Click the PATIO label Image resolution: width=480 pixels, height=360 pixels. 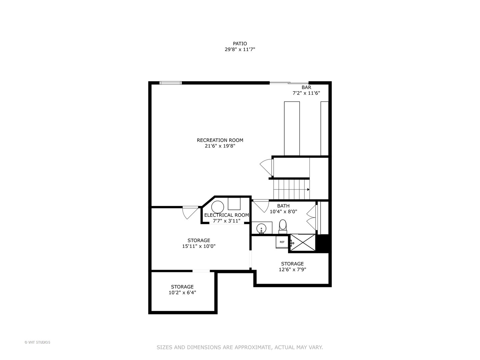[x=240, y=44]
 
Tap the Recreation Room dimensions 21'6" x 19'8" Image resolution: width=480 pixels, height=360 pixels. [x=220, y=146]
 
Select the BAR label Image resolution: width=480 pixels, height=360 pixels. [x=306, y=87]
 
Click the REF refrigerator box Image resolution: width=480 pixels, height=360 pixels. [x=282, y=242]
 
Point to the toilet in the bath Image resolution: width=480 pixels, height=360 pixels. [x=283, y=227]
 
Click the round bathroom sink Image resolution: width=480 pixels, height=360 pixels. [x=261, y=228]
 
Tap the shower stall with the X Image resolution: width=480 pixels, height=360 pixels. [x=303, y=242]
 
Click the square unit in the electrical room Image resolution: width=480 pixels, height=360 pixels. [x=234, y=204]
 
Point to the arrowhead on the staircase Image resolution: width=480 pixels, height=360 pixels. [x=308, y=190]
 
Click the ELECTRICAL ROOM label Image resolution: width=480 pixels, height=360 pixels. [x=226, y=215]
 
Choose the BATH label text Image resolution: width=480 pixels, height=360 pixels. [x=283, y=206]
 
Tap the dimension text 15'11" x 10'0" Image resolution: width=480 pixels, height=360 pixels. [x=199, y=246]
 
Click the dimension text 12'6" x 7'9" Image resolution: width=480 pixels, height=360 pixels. [x=292, y=270]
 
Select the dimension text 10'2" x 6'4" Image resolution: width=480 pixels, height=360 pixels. [x=182, y=292]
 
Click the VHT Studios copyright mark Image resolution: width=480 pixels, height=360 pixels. [x=37, y=342]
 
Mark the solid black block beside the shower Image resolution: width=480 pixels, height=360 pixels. [x=323, y=243]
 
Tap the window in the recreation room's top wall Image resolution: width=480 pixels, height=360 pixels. [x=170, y=83]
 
